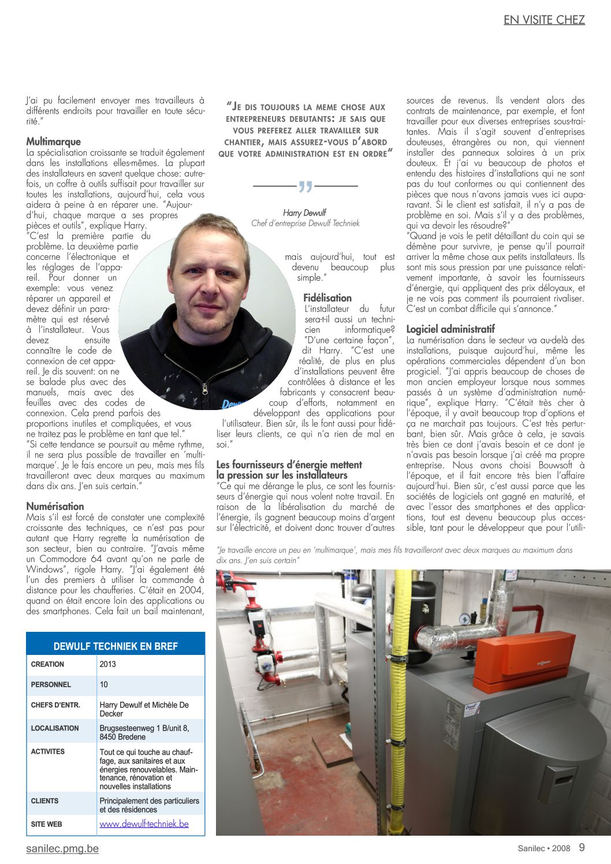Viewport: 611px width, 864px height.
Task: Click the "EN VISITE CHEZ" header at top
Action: pyautogui.click(x=544, y=20)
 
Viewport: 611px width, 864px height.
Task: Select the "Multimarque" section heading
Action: pyautogui.click(x=54, y=141)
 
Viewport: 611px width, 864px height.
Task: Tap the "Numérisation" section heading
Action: pyautogui.click(x=55, y=506)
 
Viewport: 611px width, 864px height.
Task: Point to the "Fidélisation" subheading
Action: pyautogui.click(x=327, y=298)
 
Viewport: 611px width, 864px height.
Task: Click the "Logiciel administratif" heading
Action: pyautogui.click(x=450, y=329)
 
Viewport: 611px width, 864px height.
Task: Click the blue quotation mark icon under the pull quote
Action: pyautogui.click(x=305, y=187)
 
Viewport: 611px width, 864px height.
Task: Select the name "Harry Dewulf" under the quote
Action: pyautogui.click(x=305, y=213)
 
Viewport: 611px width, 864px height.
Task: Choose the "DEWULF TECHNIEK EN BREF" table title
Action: pyautogui.click(x=116, y=646)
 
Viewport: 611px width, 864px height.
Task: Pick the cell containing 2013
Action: pyautogui.click(x=108, y=664)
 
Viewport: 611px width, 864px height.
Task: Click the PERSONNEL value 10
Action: pyautogui.click(x=104, y=684)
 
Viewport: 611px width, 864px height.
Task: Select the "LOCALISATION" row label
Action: pyautogui.click(x=55, y=728)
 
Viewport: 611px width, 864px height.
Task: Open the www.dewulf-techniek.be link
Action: pyautogui.click(x=144, y=824)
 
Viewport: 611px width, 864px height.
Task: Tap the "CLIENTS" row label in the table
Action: pyautogui.click(x=45, y=801)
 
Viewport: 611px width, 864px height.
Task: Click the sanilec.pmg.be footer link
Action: pyautogui.click(x=62, y=848)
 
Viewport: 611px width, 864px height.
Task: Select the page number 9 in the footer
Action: pyautogui.click(x=582, y=847)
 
